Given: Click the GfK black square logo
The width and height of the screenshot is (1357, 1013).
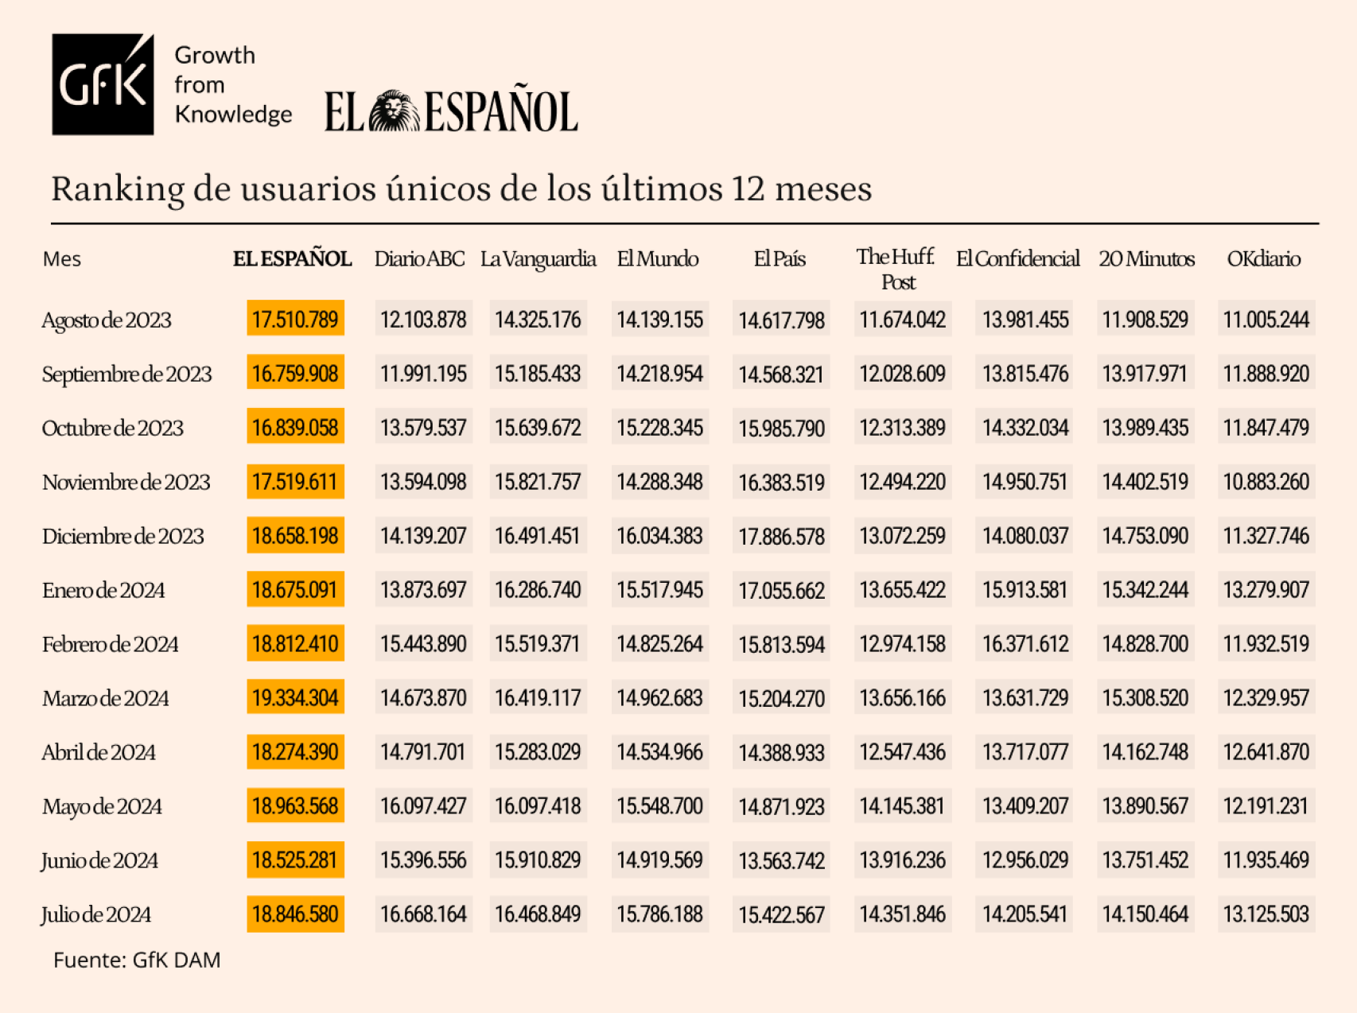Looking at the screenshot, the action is (x=103, y=84).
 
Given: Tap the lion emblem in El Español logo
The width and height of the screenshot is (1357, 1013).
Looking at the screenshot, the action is (x=395, y=111).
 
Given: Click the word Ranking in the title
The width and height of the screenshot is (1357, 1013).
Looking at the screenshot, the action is (x=117, y=189).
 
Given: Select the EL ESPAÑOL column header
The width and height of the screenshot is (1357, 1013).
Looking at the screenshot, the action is (x=292, y=259).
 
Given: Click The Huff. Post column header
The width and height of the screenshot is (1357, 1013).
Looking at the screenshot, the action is (x=896, y=269).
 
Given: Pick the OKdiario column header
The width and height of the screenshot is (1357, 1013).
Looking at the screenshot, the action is (x=1263, y=259).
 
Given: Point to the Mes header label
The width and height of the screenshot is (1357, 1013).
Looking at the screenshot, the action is (x=61, y=259).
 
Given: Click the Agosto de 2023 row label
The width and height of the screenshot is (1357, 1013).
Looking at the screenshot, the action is (x=107, y=320).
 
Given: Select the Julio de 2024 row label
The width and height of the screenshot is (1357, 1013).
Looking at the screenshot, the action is (x=96, y=914).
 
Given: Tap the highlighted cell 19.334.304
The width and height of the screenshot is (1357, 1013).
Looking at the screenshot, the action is (x=295, y=698).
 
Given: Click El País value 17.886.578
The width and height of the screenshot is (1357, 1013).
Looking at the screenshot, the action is (x=781, y=537).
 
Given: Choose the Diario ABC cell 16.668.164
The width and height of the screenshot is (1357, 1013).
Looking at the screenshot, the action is (x=423, y=914).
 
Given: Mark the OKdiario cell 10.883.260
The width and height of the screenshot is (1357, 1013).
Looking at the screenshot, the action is (x=1266, y=482).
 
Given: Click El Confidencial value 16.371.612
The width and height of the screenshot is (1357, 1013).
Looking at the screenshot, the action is (x=1025, y=644).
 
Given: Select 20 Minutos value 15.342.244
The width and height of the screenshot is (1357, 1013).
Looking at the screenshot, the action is (x=1145, y=590).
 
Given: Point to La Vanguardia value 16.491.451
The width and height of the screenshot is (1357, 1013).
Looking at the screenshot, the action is (x=538, y=536).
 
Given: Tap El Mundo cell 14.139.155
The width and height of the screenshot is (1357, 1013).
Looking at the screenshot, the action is (x=659, y=320).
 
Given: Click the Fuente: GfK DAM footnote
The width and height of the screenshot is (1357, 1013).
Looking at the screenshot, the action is (x=137, y=960).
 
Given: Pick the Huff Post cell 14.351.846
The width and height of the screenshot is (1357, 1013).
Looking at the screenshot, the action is (x=902, y=914).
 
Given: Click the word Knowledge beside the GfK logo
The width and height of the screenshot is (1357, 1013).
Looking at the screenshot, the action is (x=233, y=114).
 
